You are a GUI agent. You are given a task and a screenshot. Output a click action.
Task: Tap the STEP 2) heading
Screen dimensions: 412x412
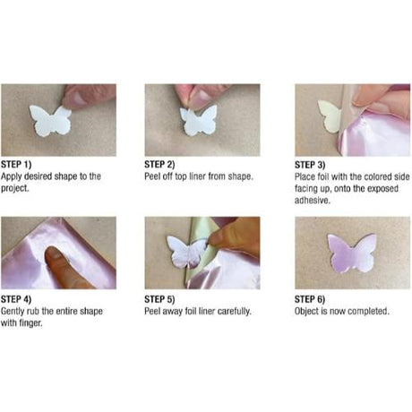click(x=160, y=166)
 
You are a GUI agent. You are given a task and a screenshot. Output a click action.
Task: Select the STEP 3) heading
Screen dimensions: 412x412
click(x=311, y=166)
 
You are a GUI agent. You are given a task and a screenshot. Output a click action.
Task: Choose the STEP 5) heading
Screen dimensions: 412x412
click(x=160, y=299)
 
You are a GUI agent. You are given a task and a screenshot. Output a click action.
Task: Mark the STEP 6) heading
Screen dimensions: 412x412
click(x=311, y=299)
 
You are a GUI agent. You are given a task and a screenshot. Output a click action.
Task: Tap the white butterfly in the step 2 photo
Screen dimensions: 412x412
click(x=199, y=121)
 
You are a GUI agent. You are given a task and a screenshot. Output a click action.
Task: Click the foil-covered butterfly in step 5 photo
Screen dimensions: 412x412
click(x=187, y=253)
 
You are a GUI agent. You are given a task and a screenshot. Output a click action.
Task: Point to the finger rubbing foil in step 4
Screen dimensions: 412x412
click(x=64, y=266)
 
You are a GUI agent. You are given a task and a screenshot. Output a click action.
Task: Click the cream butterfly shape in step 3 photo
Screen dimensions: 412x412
click(x=329, y=115)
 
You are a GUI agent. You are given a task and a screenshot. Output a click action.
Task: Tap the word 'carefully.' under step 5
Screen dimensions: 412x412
click(x=230, y=310)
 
